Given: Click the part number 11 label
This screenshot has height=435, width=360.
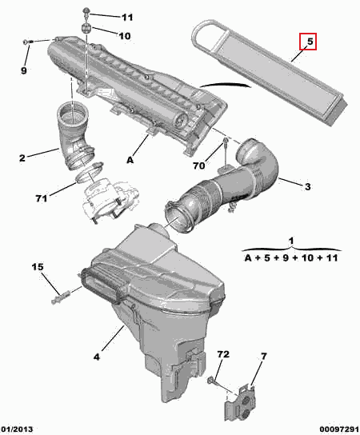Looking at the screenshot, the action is [x=127, y=18].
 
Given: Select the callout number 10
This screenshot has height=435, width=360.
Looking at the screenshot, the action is [x=125, y=36].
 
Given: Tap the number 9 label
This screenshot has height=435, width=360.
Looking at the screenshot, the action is [x=24, y=70].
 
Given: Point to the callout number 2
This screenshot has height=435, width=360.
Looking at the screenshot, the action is [x=22, y=158].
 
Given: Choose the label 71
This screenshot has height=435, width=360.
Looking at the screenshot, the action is [x=42, y=198].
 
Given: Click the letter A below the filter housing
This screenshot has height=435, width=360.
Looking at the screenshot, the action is [x=130, y=160].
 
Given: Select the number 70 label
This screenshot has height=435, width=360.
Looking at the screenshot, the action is [x=198, y=166].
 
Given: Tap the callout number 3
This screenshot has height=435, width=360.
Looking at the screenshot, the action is [x=307, y=186].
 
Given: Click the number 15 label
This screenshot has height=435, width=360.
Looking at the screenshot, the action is [x=38, y=267].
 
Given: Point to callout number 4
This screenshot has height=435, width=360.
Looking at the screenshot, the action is [x=96, y=357].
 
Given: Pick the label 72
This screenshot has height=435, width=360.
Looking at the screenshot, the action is [x=223, y=354].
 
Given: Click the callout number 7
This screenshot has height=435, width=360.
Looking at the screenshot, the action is [x=264, y=355].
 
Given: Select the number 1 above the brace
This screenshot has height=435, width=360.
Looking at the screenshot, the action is [x=291, y=241].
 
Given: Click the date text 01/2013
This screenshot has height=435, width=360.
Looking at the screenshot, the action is [x=17, y=429].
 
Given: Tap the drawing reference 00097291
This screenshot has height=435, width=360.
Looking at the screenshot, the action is [x=339, y=429].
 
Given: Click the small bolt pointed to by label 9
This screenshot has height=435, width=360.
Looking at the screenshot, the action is [x=28, y=42].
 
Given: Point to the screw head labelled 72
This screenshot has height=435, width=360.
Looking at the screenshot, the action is [x=210, y=380].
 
